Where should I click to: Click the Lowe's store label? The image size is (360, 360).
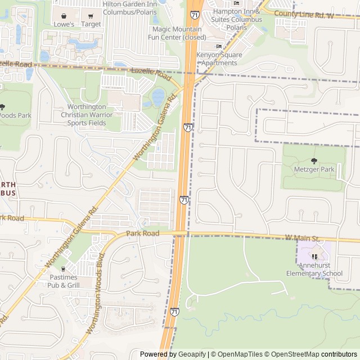(x=64, y=24)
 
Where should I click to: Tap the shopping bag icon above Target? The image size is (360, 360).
(x=91, y=16)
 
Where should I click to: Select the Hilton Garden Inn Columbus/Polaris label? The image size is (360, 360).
(x=129, y=8)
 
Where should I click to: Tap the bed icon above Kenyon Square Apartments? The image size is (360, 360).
(x=219, y=46)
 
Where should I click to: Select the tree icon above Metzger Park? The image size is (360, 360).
(x=314, y=160)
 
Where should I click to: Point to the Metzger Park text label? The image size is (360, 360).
(x=314, y=169)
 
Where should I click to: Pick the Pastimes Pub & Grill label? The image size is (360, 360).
(x=64, y=281)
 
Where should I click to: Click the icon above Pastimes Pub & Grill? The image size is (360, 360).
(x=64, y=269)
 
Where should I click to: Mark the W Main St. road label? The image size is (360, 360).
(x=302, y=238)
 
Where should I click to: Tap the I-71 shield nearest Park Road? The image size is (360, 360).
(x=184, y=200)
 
